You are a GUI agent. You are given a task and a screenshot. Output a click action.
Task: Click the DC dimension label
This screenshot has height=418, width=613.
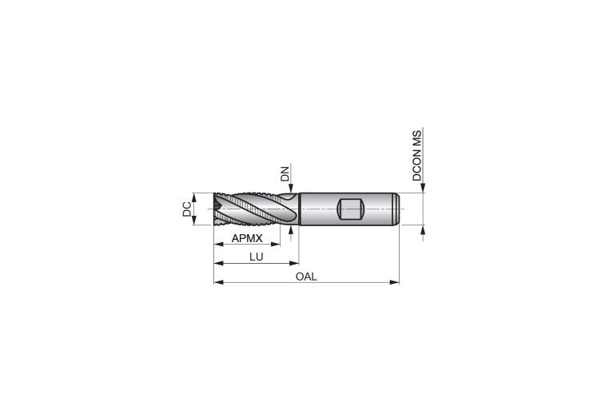(x=187, y=209)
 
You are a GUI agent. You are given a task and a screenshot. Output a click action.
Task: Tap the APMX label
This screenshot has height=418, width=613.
(x=247, y=238)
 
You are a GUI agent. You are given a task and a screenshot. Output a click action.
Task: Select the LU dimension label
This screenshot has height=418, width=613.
(x=257, y=257)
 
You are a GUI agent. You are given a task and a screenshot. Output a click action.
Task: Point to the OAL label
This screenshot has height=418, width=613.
(x=306, y=277)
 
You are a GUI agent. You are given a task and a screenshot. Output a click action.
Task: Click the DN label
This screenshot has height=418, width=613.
(x=285, y=174)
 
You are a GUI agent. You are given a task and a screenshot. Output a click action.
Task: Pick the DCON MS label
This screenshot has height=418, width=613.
(x=417, y=156)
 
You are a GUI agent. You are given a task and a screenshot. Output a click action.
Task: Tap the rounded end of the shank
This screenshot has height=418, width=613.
(x=396, y=209)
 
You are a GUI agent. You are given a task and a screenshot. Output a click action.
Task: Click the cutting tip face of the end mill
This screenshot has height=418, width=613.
(x=217, y=209)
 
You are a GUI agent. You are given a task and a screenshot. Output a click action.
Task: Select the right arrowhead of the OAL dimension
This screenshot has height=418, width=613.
(x=395, y=282)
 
